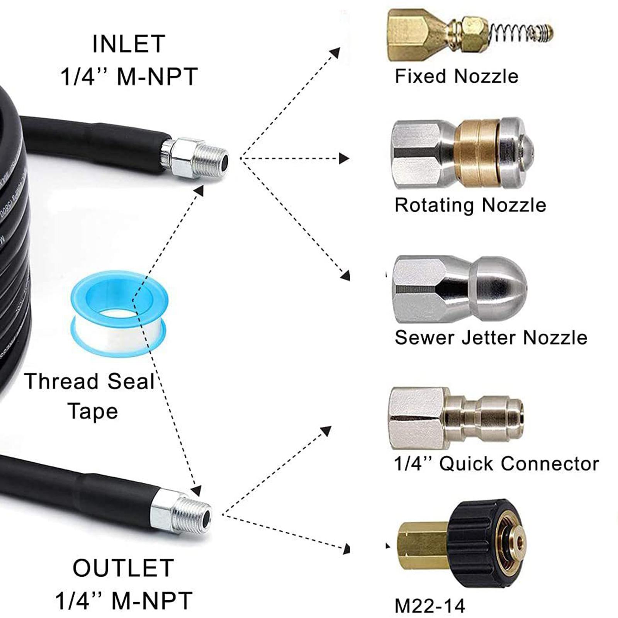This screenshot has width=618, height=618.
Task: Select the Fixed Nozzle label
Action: tap(456, 76)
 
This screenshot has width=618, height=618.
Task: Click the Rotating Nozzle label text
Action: tap(470, 205)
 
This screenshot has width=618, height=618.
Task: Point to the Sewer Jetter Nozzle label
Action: tap(491, 337)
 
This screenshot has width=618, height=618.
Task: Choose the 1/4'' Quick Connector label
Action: tap(496, 463)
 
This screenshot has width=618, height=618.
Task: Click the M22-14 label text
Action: tap(430, 606)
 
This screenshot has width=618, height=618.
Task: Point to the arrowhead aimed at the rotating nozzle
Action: tap(344, 158)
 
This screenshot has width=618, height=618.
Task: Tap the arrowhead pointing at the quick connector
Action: tap(326, 430)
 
